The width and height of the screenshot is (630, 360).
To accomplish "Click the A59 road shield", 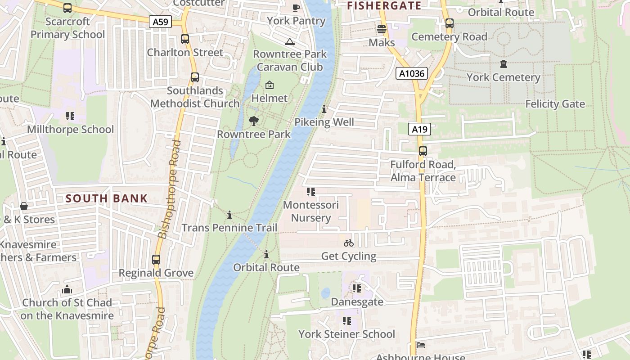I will tap(161, 21).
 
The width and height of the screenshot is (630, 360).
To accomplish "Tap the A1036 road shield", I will tap(411, 73).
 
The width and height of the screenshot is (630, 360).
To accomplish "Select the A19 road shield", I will tap(419, 130).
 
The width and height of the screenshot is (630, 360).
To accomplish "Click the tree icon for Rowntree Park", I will tap(254, 121).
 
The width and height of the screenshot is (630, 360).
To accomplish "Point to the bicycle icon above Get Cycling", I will tap(349, 243).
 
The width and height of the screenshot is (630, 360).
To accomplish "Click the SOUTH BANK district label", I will tap(107, 198).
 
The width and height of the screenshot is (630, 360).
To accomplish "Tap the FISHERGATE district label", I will tap(384, 6).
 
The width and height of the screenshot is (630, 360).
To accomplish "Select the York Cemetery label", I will tap(503, 77).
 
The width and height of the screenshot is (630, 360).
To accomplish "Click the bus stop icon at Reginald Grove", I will tap(156, 260).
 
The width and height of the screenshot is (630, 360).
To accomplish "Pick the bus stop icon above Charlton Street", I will tap(185, 39).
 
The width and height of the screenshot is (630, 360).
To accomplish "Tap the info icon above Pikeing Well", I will tap(324, 109).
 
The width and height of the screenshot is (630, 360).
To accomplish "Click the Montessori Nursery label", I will tap(310, 211).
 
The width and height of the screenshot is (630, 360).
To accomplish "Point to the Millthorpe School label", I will tap(71, 130).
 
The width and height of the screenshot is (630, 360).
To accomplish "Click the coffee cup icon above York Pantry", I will tap(296, 8).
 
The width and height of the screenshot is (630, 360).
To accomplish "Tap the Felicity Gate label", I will tap(555, 104).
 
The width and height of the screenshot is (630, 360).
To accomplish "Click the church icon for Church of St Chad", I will tap(67, 289).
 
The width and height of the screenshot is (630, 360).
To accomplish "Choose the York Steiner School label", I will tap(346, 334).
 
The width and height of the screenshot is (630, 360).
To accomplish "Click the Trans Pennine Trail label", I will tap(229, 228).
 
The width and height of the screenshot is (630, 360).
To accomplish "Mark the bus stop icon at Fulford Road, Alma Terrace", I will tap(423, 151).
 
